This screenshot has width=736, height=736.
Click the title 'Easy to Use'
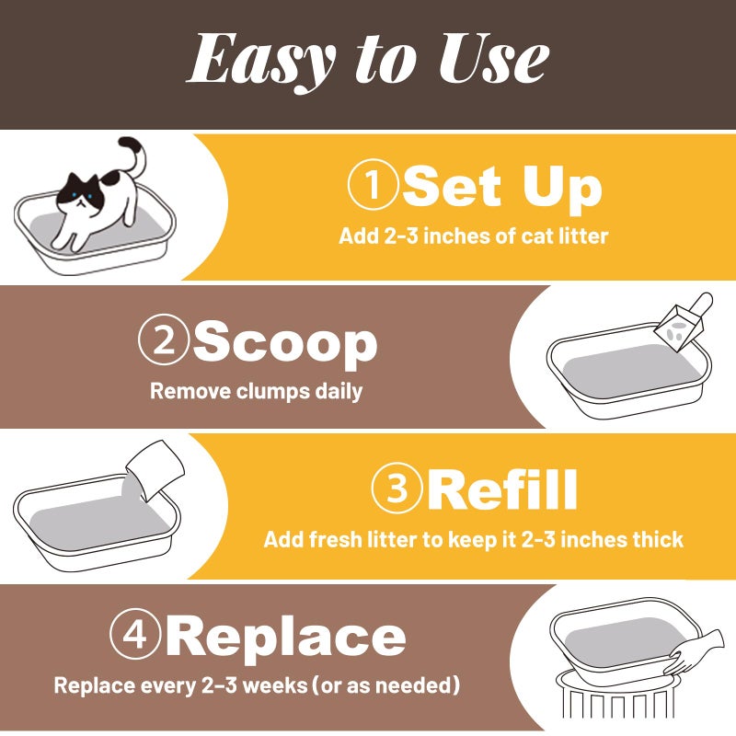(368, 61)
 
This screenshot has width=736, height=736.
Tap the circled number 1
(374, 185)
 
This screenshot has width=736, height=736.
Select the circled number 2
(164, 339)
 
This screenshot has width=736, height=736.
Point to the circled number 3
(397, 489)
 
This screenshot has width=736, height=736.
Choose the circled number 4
(135, 635)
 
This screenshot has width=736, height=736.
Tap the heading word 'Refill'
(502, 489)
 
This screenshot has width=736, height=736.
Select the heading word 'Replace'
(285, 638)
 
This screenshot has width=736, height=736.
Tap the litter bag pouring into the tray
(155, 470)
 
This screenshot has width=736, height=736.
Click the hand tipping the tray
(695, 653)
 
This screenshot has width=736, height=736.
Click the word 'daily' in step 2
(339, 392)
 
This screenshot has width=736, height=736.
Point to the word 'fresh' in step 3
(335, 539)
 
